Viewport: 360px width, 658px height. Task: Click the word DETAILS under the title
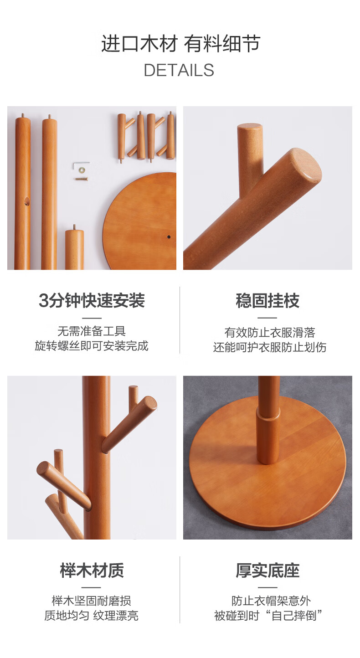(179, 70)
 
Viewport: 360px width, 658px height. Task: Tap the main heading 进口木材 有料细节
(180, 43)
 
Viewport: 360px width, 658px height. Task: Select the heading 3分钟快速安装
(92, 300)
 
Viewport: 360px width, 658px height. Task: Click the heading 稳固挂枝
(267, 300)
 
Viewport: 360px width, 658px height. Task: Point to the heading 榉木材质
(92, 571)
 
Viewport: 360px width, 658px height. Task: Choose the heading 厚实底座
(267, 571)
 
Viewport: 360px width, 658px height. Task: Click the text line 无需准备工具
(92, 331)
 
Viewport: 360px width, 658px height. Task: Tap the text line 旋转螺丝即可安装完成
(92, 346)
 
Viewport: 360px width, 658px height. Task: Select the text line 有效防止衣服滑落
(270, 333)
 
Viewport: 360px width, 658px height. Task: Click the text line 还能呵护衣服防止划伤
(270, 347)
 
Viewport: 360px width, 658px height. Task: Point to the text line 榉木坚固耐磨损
(92, 601)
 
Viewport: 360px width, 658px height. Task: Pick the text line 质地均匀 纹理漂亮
(92, 616)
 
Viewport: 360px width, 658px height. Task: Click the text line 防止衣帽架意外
(271, 601)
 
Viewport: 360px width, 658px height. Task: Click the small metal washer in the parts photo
(81, 170)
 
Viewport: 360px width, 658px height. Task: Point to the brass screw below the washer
(82, 178)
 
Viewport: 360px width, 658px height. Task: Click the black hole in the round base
(169, 237)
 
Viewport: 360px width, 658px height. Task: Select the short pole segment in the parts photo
(74, 248)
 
